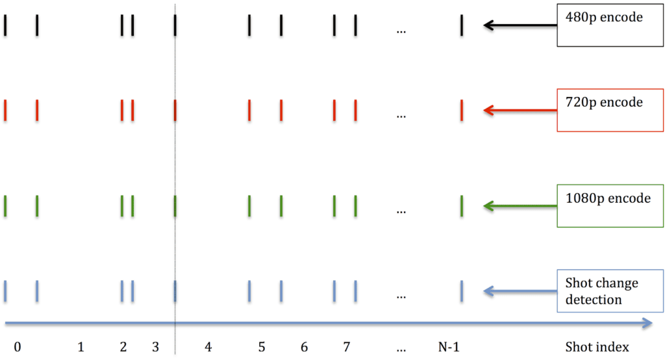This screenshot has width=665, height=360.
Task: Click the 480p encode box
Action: (x=610, y=25)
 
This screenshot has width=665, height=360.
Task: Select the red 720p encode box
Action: (x=610, y=110)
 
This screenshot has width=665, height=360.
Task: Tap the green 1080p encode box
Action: (x=610, y=206)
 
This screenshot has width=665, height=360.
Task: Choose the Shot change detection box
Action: (x=610, y=291)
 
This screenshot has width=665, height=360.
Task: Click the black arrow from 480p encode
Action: (x=520, y=25)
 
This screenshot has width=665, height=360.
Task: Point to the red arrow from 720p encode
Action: (x=520, y=110)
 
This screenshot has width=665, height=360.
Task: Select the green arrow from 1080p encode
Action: (x=520, y=207)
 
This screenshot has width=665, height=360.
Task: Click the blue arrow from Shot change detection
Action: (x=520, y=291)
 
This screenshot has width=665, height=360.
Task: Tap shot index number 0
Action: (x=18, y=347)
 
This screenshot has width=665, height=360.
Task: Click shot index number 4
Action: (x=208, y=347)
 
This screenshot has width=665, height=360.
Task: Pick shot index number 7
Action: (x=347, y=347)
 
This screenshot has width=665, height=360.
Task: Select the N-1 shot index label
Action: (x=449, y=347)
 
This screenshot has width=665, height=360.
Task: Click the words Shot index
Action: (x=597, y=347)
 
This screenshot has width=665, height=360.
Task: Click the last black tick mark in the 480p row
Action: (x=462, y=25)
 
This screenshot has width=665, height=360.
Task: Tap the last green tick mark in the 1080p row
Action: (x=462, y=207)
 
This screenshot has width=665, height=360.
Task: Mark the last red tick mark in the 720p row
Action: (x=462, y=110)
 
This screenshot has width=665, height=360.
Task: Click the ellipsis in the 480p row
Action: (x=401, y=31)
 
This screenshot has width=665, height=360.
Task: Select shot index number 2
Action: (x=123, y=347)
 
